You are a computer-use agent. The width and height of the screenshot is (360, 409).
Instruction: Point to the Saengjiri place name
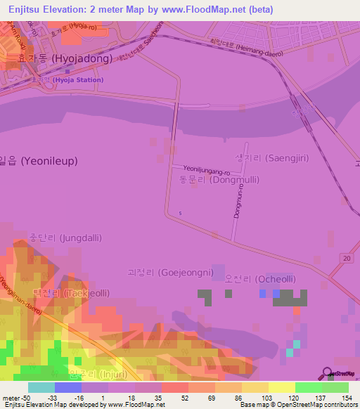pos(266,158)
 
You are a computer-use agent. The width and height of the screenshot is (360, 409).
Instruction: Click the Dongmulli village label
pos(219,180)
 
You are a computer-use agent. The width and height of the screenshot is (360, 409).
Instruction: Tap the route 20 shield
pos(346,259)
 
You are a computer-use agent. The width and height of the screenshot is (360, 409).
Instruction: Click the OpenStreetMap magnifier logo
pos(326,373)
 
